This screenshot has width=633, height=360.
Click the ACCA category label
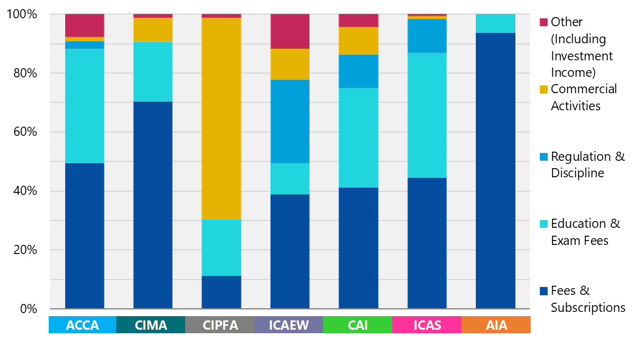(x=82, y=325)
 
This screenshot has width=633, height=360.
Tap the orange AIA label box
(x=496, y=325)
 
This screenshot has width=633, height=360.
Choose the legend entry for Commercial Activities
(x=583, y=97)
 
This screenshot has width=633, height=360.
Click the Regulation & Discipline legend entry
(x=587, y=164)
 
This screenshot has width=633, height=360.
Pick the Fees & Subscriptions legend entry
(x=587, y=298)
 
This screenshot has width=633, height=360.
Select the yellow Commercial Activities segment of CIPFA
(x=221, y=118)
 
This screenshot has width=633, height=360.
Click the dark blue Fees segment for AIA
(x=495, y=171)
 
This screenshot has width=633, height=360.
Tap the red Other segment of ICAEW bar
(x=290, y=31)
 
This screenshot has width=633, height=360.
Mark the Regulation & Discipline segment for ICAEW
(x=290, y=121)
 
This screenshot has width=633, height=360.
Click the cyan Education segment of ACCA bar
(x=85, y=106)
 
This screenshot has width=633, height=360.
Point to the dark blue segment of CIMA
(x=153, y=205)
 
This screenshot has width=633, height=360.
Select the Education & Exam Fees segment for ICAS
(x=426, y=115)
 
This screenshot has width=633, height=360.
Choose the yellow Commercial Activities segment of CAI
(x=358, y=41)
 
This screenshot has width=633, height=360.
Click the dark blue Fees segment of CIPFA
(x=221, y=292)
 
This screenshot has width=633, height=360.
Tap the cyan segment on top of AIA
(x=495, y=23)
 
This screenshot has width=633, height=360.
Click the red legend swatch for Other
(x=543, y=23)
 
